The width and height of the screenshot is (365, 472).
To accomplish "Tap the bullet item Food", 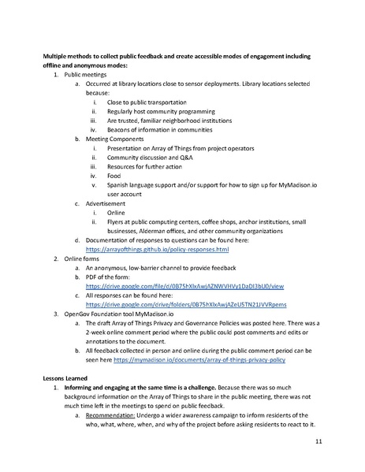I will [115, 177].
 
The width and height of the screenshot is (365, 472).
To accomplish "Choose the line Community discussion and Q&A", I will [148, 158].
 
